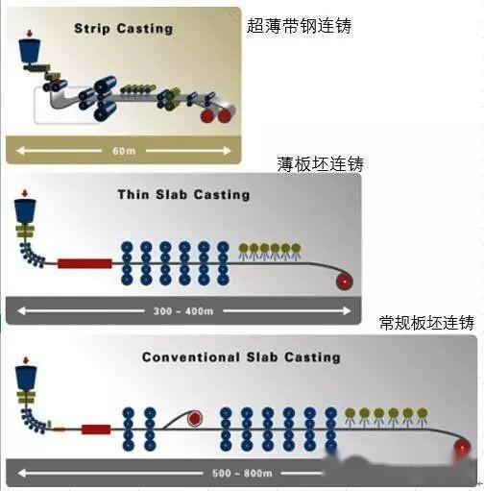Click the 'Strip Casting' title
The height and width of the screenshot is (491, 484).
[123, 28]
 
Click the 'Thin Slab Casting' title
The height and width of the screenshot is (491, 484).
[183, 194]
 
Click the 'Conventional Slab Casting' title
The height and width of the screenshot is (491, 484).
[241, 356]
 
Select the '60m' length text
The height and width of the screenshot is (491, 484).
[119, 150]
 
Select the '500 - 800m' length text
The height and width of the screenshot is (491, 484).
[237, 474]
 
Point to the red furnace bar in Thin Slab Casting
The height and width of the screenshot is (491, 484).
[85, 262]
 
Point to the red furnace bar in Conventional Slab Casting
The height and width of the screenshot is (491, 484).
[95, 430]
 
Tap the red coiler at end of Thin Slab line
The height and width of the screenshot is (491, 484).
[344, 281]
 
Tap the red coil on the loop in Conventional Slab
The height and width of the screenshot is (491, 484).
[196, 420]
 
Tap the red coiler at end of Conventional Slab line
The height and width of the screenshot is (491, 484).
[465, 448]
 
